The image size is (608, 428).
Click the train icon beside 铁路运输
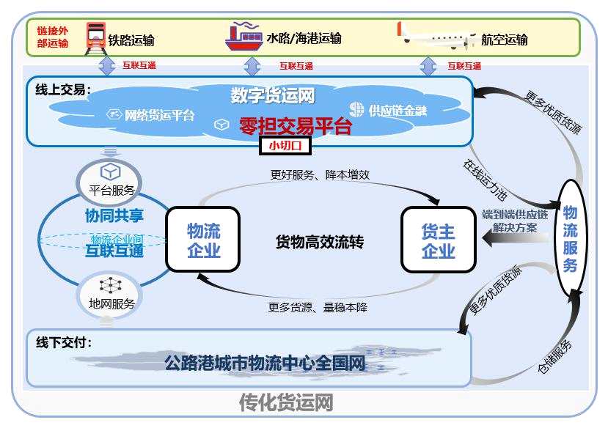click(95, 37)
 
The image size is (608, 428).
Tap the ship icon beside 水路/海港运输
click(243, 37)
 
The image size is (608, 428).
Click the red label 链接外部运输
click(52, 37)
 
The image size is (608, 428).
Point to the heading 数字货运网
click(272, 95)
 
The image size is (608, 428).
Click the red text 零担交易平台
click(296, 126)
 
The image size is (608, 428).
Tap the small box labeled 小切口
click(285, 145)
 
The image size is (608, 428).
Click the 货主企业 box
click(438, 240)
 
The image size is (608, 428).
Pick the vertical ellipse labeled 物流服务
click(570, 239)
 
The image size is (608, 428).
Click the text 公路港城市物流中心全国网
click(265, 363)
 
